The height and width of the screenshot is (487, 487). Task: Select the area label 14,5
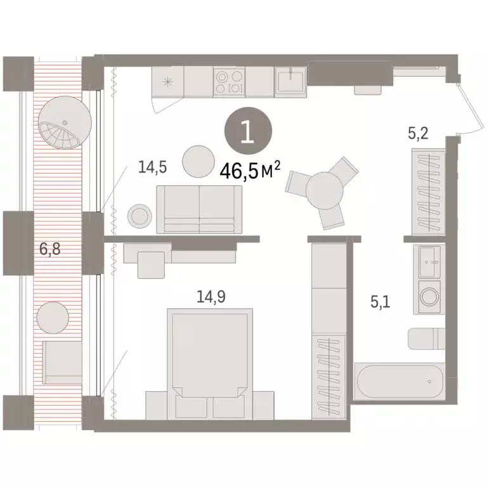pos(153,167)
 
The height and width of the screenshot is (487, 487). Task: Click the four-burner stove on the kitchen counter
pos(229,82)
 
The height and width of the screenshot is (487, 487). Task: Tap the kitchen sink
pos(290,81)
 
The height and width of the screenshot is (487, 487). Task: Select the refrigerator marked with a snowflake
pos(168,82)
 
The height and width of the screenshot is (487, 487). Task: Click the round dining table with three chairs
pos(324,188)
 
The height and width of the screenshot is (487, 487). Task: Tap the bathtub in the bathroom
pos(399,382)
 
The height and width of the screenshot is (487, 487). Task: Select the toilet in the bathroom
pos(426,338)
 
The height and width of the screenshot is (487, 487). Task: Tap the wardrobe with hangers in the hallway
pos(426,191)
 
